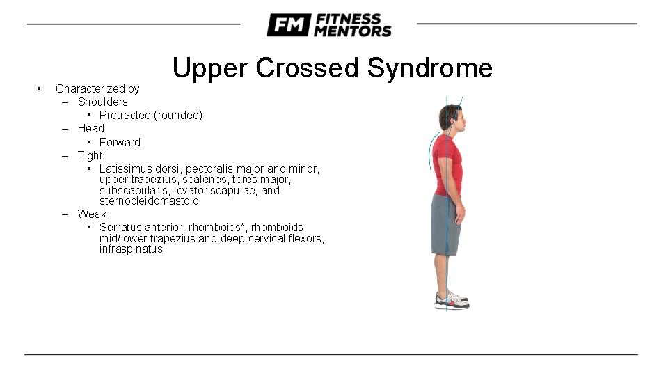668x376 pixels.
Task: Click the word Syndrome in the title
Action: (429, 68)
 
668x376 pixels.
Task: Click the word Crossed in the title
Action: (308, 68)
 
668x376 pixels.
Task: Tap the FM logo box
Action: (288, 26)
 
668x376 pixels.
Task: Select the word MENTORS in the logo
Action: (353, 31)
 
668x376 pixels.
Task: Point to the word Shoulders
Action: (102, 102)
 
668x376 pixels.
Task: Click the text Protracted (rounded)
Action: (151, 115)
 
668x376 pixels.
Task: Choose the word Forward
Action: (120, 142)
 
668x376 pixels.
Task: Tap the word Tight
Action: (90, 155)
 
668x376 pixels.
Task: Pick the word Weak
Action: (92, 214)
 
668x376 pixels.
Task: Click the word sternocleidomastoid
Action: (149, 201)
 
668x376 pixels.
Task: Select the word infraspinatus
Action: (131, 249)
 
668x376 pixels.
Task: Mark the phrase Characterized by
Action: (97, 88)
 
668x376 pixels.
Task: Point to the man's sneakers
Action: (451, 299)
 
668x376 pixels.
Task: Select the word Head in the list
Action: (90, 128)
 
